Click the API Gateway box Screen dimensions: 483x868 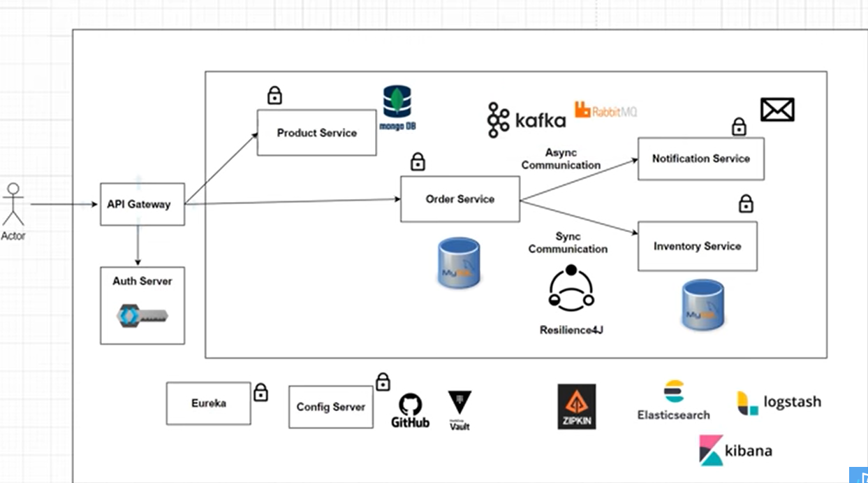142,204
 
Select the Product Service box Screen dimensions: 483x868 316,133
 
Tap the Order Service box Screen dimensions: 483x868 459,199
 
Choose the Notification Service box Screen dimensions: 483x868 700,159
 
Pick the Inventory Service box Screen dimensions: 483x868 697,246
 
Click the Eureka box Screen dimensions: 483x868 208,403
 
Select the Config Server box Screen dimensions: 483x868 330,407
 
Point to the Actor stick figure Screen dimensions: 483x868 13,203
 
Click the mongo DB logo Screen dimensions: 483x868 397,107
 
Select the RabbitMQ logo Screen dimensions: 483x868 605,110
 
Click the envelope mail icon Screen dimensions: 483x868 777,110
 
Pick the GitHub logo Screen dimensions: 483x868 410,410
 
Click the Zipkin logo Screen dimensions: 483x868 576,406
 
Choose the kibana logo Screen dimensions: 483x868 735,450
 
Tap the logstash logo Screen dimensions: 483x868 779,403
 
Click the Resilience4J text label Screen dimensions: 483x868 571,330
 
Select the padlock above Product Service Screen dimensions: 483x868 274,95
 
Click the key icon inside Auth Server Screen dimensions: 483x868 142,315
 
